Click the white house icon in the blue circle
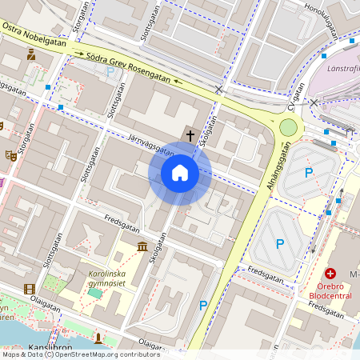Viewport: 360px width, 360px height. pyautogui.click(x=180, y=173)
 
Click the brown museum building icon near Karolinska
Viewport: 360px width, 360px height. pyautogui.click(x=142, y=246)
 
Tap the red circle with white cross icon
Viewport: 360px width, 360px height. pyautogui.click(x=330, y=274)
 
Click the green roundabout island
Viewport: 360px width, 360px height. pyautogui.click(x=288, y=127)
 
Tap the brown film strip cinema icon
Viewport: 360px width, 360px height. pyautogui.click(x=30, y=289)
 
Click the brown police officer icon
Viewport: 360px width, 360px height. pyautogui.click(x=30, y=54)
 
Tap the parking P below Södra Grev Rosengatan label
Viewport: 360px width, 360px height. pyautogui.click(x=110, y=71)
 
